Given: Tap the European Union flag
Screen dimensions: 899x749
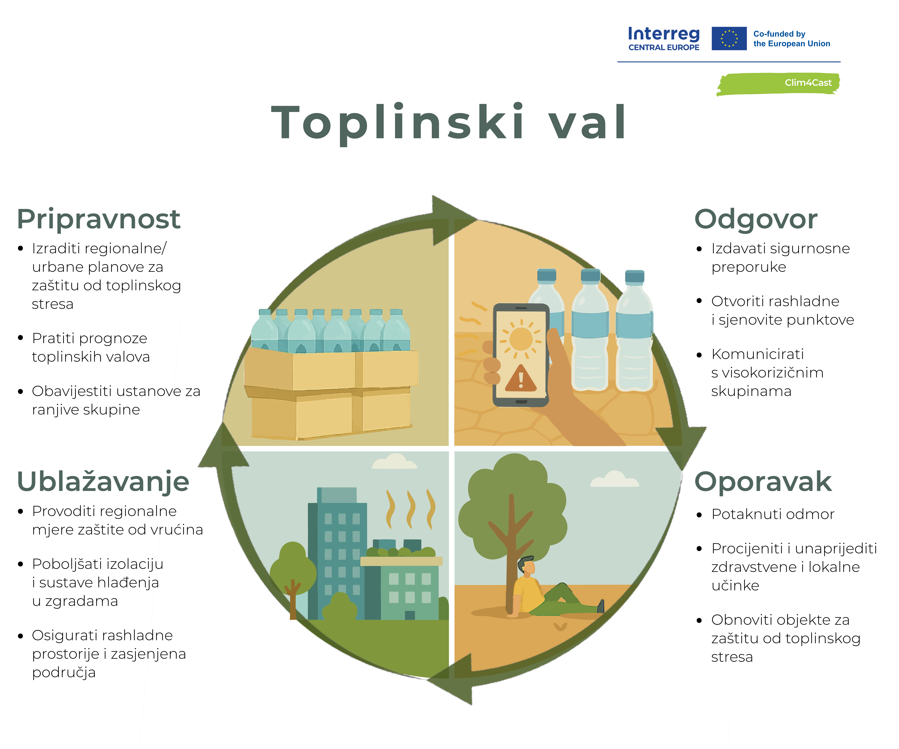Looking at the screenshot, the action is (x=729, y=39).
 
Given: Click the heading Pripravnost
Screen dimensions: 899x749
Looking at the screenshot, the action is (x=98, y=219).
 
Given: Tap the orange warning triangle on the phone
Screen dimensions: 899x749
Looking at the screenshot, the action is (x=521, y=378).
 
